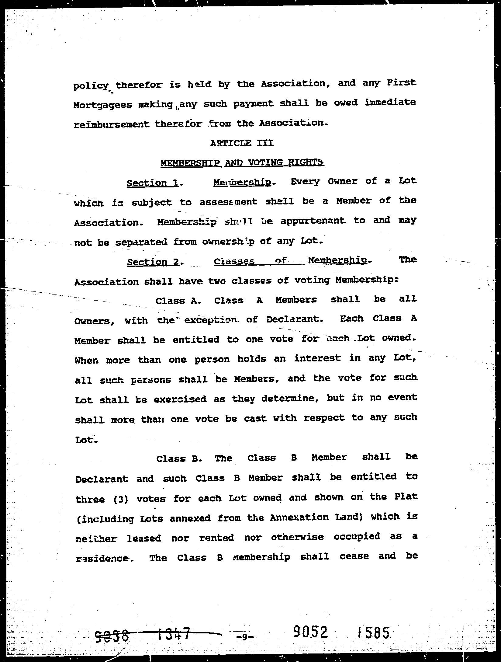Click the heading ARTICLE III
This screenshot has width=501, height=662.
pos(242,143)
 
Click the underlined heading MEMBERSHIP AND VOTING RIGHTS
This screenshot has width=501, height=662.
pos(242,163)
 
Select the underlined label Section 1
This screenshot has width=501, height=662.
pos(152,183)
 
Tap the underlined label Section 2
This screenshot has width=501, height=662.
pos(153,262)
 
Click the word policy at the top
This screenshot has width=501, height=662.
pos(91,86)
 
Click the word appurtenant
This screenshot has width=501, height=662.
pos(313,221)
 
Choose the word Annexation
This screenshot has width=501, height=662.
pos(299,517)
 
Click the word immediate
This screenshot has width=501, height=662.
pos(390,102)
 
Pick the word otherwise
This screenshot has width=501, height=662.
pos(297,537)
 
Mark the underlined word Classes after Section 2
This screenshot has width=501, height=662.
pos(234,262)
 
